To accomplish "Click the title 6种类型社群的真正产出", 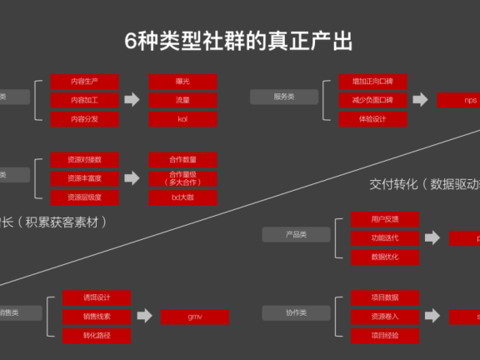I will (x=239, y=41).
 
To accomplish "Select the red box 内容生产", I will (x=84, y=82).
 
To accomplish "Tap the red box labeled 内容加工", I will (x=84, y=100).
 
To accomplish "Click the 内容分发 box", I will (x=84, y=118).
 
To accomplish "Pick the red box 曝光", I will (x=182, y=82).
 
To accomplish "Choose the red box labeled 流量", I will (x=182, y=100).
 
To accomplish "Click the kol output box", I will (x=182, y=118).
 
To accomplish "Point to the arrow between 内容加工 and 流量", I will (x=132, y=100).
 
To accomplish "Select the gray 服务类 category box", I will (x=284, y=97).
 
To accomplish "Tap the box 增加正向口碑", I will (x=372, y=82).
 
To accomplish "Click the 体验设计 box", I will (x=372, y=118).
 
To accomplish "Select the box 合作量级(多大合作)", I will (x=182, y=177).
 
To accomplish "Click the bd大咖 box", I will (x=182, y=197).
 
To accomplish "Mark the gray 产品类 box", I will (x=296, y=235).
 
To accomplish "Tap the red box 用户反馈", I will (x=384, y=219).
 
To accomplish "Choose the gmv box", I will (x=195, y=317).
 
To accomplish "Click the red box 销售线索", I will (x=97, y=317).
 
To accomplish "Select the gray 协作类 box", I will (x=296, y=312).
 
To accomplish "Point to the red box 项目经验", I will (x=384, y=336).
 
